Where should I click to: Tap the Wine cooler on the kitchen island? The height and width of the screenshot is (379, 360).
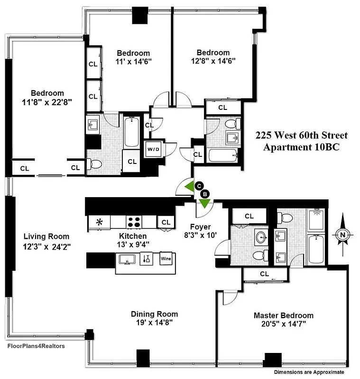click(166, 259)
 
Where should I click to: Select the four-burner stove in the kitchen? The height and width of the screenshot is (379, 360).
click(134, 222)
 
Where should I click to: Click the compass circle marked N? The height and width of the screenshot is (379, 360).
click(342, 234)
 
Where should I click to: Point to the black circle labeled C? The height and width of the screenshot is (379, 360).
click(199, 186)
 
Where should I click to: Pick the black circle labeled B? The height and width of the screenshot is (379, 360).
click(205, 194)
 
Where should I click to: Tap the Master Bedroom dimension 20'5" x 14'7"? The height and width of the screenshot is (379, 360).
click(284, 324)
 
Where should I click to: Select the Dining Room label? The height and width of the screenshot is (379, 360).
click(155, 314)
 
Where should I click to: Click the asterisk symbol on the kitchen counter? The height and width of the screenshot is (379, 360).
click(100, 222)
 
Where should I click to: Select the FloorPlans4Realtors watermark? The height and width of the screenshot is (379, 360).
click(36, 346)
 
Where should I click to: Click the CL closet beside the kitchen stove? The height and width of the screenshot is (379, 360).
click(166, 222)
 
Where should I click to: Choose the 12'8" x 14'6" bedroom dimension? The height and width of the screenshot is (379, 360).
click(213, 61)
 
